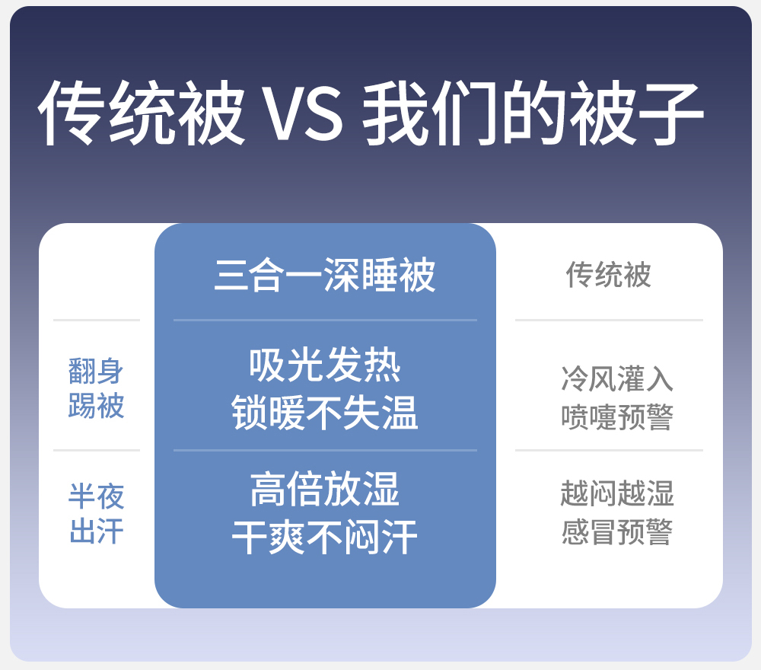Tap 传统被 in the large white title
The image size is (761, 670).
tap(142, 113)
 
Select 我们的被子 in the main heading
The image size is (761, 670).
tap(533, 113)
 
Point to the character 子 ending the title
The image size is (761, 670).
tap(670, 113)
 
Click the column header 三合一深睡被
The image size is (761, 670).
tap(325, 275)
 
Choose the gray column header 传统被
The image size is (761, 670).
tap(609, 275)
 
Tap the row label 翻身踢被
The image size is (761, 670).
tap(96, 388)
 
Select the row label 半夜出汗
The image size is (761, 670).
tap(96, 514)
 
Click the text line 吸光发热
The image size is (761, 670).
tap(325, 365)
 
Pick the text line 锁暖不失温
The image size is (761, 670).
tap(325, 413)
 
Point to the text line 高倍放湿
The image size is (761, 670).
tap(325, 490)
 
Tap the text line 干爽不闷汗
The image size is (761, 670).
tap(325, 537)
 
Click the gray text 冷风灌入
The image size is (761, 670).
tap(617, 378)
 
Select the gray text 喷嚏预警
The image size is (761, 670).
tap(617, 417)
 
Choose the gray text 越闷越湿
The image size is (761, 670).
tap(617, 494)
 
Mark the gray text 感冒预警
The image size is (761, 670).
tap(617, 532)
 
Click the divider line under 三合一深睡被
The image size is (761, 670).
tap(325, 321)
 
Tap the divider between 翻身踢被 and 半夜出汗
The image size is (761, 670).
tap(97, 451)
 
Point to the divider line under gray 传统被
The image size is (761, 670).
tap(609, 321)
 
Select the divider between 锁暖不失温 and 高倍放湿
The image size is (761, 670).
tap(325, 451)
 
